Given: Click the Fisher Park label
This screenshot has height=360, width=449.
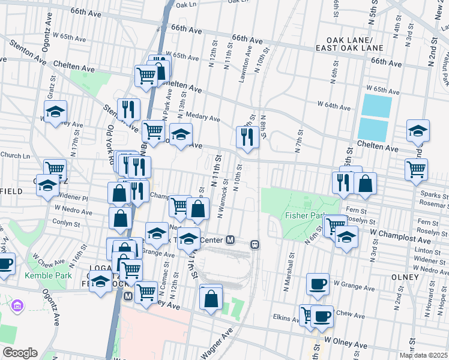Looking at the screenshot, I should tap(306, 215).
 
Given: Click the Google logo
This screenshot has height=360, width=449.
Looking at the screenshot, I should tap(19, 353).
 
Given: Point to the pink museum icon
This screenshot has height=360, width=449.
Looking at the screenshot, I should tap(17, 307).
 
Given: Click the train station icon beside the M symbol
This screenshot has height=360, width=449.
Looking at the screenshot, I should tap(255, 245).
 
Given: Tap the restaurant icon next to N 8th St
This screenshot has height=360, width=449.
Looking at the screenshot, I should tap(247, 137).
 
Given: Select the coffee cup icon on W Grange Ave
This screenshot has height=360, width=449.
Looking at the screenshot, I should tap(318, 284).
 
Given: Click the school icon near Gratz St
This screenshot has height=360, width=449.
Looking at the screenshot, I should tap(55, 112).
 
